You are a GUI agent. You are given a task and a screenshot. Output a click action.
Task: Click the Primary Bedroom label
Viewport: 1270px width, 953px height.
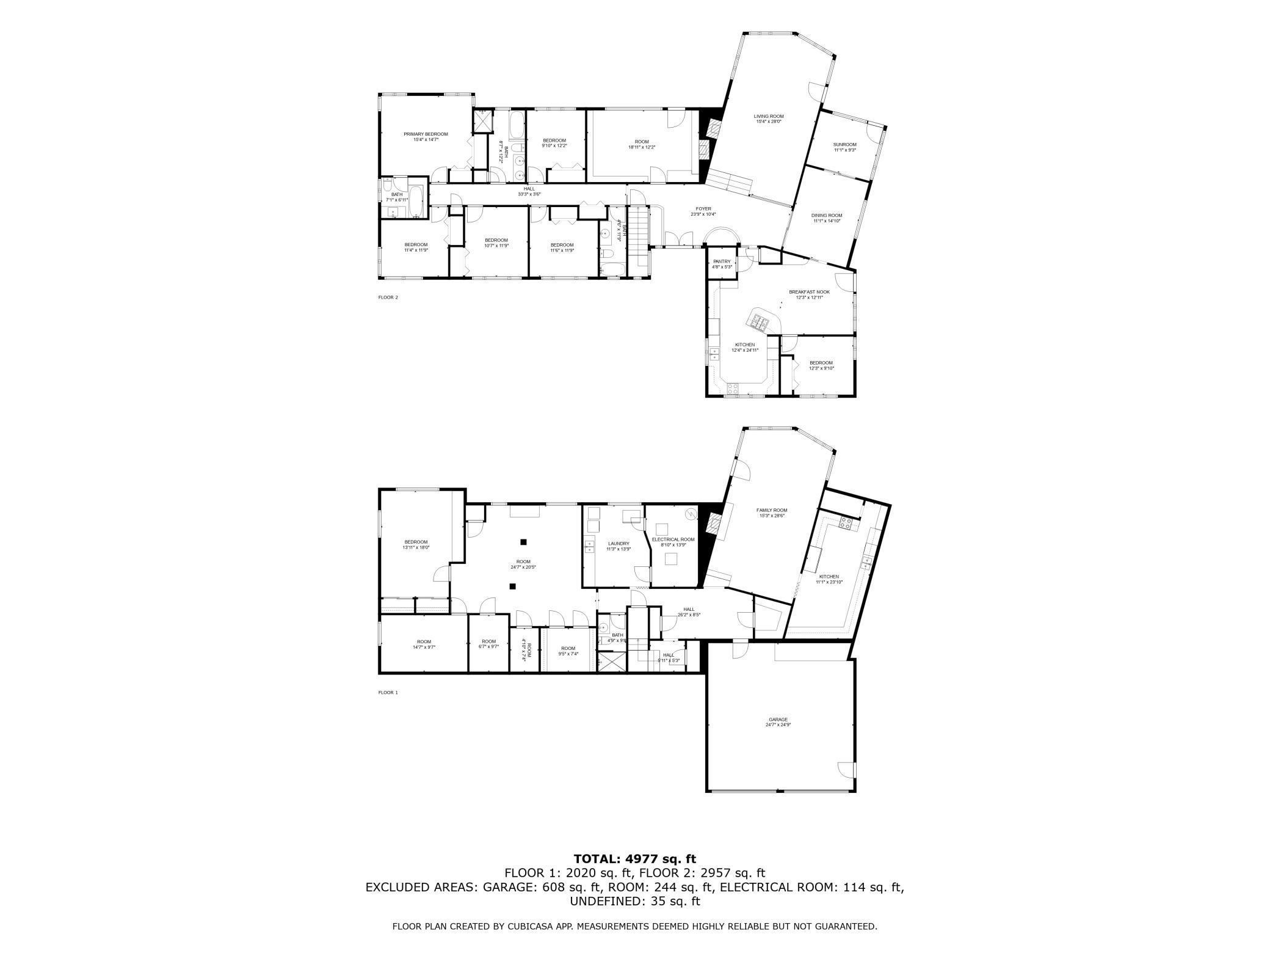point(426,134)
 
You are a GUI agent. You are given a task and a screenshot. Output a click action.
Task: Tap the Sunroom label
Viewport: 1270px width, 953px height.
point(845,145)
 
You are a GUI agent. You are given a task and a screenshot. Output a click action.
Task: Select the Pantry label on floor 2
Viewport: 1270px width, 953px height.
point(722,261)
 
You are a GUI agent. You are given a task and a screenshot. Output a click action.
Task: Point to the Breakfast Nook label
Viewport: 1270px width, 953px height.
point(809,292)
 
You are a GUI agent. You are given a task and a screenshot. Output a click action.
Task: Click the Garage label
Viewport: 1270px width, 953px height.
point(778,719)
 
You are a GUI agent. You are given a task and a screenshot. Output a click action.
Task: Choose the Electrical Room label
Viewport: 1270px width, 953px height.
point(673,539)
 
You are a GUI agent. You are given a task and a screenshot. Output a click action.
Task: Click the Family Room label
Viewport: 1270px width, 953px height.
point(772,510)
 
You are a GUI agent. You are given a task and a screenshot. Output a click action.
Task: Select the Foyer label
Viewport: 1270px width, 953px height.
point(703,209)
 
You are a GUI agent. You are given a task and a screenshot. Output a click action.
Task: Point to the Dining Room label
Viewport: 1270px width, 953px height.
point(827,215)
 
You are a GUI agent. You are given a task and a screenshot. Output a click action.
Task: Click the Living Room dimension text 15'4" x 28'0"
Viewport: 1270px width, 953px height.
point(769,122)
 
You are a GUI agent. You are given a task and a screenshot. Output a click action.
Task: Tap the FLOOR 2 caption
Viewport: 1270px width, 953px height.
point(388,298)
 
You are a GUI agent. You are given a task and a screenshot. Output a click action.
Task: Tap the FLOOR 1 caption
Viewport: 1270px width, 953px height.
point(388,692)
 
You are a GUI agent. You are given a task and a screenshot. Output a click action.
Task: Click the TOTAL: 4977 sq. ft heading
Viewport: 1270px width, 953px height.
point(634,860)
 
